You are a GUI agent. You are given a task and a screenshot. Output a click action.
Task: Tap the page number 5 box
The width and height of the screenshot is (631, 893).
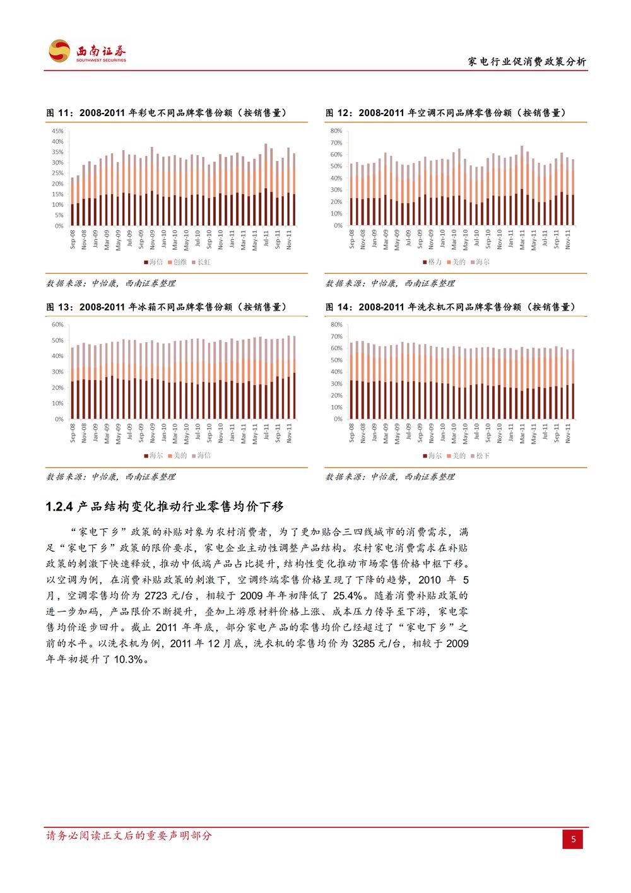pyautogui.click(x=573, y=839)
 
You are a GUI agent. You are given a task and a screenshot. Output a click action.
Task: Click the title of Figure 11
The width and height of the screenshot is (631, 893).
pyautogui.click(x=167, y=113)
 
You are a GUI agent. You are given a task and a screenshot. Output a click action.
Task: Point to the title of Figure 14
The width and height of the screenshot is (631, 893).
pyautogui.click(x=451, y=307)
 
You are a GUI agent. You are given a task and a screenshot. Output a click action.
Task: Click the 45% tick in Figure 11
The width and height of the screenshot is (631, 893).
pyautogui.click(x=57, y=131)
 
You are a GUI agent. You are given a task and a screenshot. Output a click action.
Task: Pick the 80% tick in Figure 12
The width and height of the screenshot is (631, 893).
pyautogui.click(x=336, y=131)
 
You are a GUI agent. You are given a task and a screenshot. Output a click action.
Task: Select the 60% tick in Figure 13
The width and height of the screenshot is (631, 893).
pyautogui.click(x=57, y=324)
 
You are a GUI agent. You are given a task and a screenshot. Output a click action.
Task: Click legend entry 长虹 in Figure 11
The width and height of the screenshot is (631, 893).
pyautogui.click(x=201, y=262)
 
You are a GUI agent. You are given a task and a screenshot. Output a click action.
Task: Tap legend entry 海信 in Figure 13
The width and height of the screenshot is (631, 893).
pyautogui.click(x=201, y=455)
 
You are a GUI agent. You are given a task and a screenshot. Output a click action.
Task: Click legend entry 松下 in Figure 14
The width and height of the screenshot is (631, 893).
pyautogui.click(x=480, y=456)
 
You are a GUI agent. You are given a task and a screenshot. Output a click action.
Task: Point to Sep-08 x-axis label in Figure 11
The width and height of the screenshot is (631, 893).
pyautogui.click(x=73, y=239)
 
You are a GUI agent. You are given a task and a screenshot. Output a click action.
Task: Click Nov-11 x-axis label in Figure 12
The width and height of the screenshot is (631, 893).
pyautogui.click(x=568, y=239)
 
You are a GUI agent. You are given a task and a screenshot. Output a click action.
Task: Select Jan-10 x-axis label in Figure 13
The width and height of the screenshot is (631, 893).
pyautogui.click(x=164, y=432)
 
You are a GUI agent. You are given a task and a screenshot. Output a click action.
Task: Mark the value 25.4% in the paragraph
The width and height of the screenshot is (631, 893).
pyautogui.click(x=348, y=596)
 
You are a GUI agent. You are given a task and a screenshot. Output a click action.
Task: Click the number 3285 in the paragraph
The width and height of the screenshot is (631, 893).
pyautogui.click(x=364, y=644)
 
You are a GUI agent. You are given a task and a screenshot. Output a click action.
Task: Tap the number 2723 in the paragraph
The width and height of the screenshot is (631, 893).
pyautogui.click(x=156, y=596)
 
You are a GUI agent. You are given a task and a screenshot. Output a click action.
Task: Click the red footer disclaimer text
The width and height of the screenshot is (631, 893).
pyautogui.click(x=129, y=836)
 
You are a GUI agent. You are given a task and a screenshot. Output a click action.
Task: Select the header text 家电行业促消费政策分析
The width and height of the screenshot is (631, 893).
pyautogui.click(x=527, y=62)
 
